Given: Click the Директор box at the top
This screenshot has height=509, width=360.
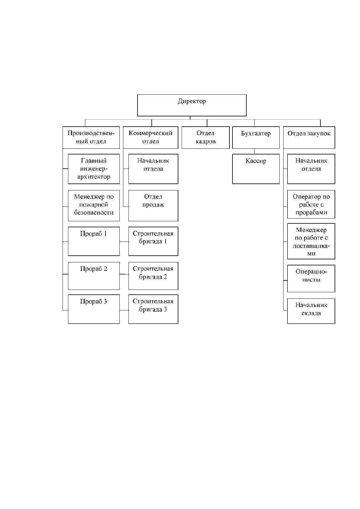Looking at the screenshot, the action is coord(192,105).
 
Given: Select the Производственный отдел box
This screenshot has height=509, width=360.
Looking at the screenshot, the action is coord(91,138).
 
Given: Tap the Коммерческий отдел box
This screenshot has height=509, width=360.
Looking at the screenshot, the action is coord(151,138).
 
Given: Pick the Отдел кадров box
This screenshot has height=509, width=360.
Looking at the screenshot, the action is coord(206,138).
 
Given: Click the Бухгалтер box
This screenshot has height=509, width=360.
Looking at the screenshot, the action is coord(256,138).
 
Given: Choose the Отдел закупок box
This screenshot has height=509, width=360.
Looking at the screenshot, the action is coord(309,138).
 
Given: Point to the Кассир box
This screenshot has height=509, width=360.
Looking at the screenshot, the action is coord(256,169).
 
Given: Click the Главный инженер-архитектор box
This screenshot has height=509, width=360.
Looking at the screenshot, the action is coord(94,169).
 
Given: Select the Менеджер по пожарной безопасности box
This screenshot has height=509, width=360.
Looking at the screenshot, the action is coord(94,206).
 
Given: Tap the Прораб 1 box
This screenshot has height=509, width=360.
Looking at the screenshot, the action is coord(94,241).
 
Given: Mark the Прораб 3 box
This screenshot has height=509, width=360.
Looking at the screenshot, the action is coord(94,309).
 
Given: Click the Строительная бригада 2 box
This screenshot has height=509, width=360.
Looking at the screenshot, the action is coord(153,276).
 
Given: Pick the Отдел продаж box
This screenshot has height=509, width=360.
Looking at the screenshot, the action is coord(153,206).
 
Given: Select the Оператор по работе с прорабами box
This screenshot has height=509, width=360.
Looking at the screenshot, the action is coord(311,204).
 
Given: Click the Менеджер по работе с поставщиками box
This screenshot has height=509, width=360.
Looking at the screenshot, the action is coord(311,241).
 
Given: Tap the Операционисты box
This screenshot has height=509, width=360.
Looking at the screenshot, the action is coord(311,278).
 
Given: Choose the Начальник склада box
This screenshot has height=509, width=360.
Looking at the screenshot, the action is coord(311,311).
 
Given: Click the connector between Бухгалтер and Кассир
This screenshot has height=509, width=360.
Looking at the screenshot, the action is coord(254,151).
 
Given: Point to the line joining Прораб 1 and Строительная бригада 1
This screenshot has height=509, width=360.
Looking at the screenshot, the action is coord(124,242).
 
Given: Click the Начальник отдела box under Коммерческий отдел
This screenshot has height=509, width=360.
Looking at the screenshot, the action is coord(153,169).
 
